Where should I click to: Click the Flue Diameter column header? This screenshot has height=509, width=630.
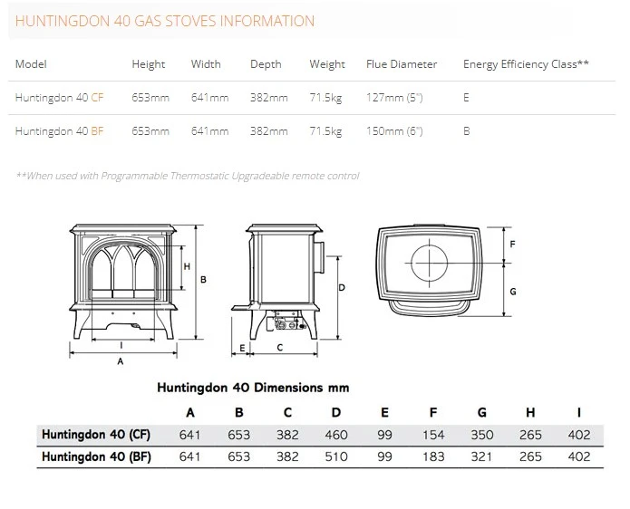click(x=402, y=64)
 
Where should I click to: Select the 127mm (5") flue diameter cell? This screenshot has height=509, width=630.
click(x=394, y=98)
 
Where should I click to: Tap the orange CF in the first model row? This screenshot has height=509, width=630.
click(x=97, y=98)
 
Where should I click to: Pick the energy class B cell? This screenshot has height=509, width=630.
click(x=466, y=131)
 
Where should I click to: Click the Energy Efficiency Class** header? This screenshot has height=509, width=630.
click(x=526, y=64)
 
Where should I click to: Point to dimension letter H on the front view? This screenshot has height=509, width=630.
click(x=187, y=266)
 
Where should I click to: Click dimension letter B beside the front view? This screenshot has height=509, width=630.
click(x=203, y=279)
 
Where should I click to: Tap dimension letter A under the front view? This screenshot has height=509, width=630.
click(x=121, y=361)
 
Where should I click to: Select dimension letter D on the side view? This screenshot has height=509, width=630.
click(x=342, y=287)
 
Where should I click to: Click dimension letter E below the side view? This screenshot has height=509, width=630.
click(x=242, y=348)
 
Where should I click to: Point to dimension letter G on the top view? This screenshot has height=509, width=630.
click(x=513, y=292)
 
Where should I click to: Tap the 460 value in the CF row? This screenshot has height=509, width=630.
click(x=336, y=435)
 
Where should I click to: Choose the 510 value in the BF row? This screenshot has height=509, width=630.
click(x=336, y=456)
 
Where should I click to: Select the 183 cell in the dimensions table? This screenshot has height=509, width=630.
click(x=433, y=456)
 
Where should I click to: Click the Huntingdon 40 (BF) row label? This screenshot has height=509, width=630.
click(x=96, y=456)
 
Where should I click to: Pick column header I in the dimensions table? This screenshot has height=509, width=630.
click(x=579, y=412)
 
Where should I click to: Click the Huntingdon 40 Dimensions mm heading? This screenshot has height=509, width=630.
click(x=253, y=388)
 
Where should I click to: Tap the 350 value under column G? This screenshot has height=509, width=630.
click(x=481, y=435)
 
